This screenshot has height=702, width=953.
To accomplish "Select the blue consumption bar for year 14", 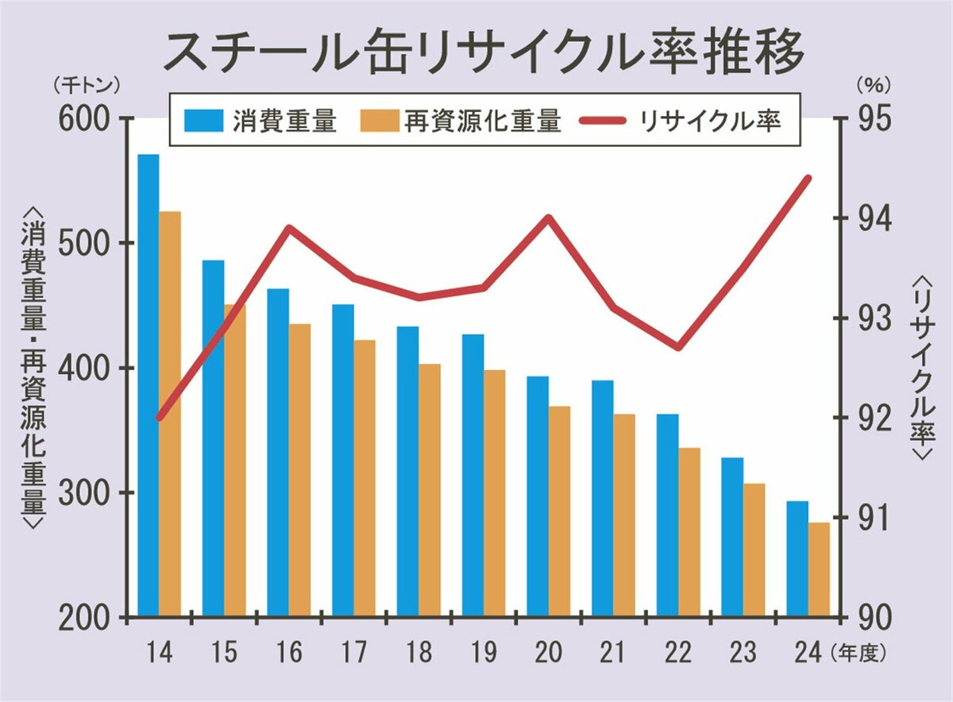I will (x=149, y=384).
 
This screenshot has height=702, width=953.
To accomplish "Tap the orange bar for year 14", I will (x=170, y=413).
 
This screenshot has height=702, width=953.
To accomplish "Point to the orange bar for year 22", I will (x=689, y=531).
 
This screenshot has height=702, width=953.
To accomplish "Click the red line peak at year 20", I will (x=549, y=217).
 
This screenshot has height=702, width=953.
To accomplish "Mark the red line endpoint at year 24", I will (x=808, y=178).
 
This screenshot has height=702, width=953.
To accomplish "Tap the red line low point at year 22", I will (x=679, y=347).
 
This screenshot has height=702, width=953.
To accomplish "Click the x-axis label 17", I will (x=355, y=653).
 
